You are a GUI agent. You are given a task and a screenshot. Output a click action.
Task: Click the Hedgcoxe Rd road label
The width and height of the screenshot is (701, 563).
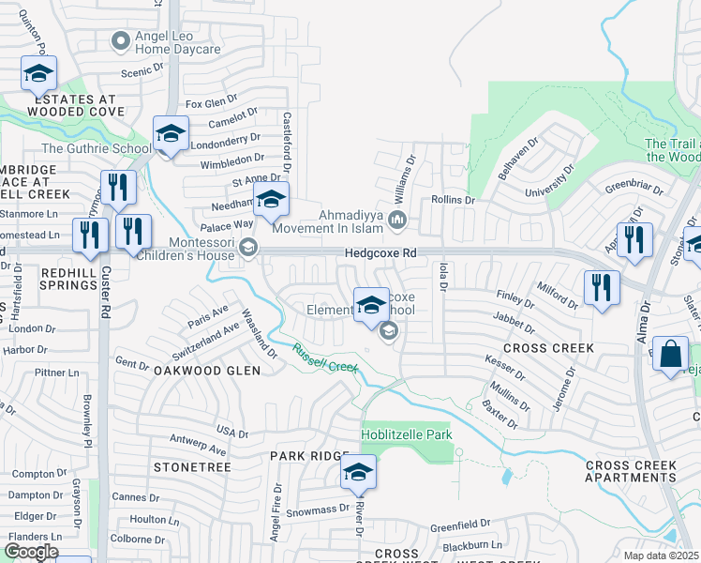[x=379, y=252]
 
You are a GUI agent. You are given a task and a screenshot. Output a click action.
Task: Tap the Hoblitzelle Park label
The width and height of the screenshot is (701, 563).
[x=407, y=434]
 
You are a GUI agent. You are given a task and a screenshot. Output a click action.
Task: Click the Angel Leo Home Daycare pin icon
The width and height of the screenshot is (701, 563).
[x=120, y=40]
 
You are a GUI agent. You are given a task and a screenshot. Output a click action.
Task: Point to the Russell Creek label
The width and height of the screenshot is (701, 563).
[x=324, y=358]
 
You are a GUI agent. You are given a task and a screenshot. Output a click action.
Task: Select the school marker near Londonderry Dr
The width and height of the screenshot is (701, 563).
[x=171, y=134]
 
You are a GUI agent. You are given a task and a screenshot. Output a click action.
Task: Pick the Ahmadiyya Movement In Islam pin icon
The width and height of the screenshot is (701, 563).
[x=397, y=221]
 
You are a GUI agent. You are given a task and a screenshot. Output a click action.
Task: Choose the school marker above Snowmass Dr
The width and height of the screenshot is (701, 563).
[x=357, y=473]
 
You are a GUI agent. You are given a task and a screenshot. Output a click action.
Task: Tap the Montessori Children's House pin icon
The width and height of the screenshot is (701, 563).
[x=247, y=248]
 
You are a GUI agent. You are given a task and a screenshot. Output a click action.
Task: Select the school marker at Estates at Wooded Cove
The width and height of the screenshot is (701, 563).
[x=39, y=72]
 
